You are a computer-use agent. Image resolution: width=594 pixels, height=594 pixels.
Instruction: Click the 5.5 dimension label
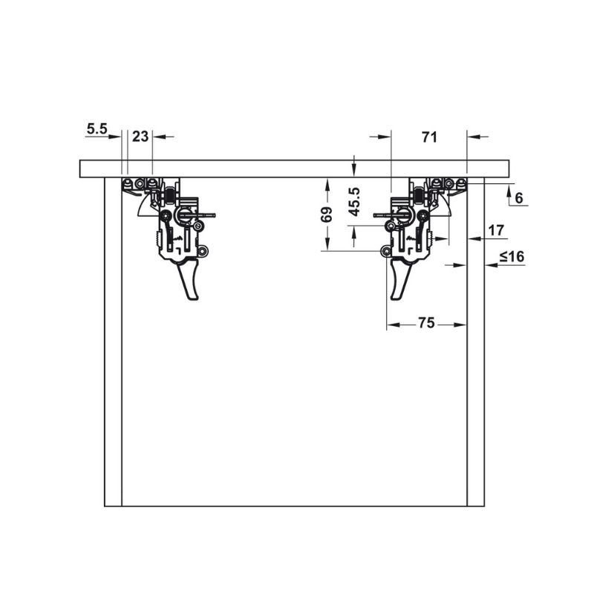(x=97, y=128)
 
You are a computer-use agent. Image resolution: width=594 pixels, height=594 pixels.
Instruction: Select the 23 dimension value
(x=140, y=137)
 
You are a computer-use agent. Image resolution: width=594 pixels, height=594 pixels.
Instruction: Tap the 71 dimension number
(x=430, y=137)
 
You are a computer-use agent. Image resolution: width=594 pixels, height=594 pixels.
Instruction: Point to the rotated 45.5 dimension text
(x=354, y=201)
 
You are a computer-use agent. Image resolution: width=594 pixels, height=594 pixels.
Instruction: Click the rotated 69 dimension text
(x=327, y=215)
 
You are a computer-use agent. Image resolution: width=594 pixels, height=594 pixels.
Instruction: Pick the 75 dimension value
(x=426, y=323)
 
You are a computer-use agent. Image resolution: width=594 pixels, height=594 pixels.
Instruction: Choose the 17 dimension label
(x=496, y=230)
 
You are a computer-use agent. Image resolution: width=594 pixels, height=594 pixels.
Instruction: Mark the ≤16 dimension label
(x=512, y=256)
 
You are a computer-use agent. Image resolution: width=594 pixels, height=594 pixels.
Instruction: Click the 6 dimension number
(x=519, y=198)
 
